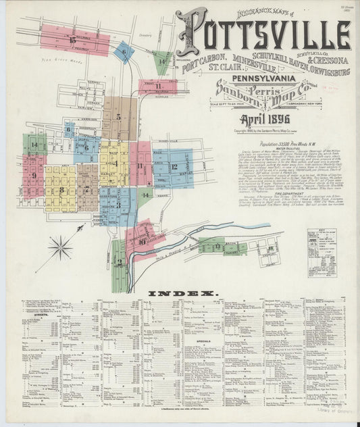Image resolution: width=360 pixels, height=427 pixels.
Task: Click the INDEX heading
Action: pos(180,293)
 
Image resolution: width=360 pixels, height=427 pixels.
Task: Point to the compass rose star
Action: pos(60,247)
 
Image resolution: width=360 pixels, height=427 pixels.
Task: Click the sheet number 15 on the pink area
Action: pos(72,41)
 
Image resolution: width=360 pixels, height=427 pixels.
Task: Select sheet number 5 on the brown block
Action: pos(119,116)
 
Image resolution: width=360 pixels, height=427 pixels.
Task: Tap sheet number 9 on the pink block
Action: pos(33,176)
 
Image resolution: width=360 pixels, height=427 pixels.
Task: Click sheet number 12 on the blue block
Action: pos(174,166)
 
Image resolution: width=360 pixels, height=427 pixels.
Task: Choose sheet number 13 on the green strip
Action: pos(217,247)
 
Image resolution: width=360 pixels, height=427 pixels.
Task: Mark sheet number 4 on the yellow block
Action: pos(115,163)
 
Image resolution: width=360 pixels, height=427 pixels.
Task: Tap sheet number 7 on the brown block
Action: pos(86,186)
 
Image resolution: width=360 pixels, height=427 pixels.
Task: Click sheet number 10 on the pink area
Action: pos(142,242)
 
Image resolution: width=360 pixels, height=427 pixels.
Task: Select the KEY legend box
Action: pos(322,253)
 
